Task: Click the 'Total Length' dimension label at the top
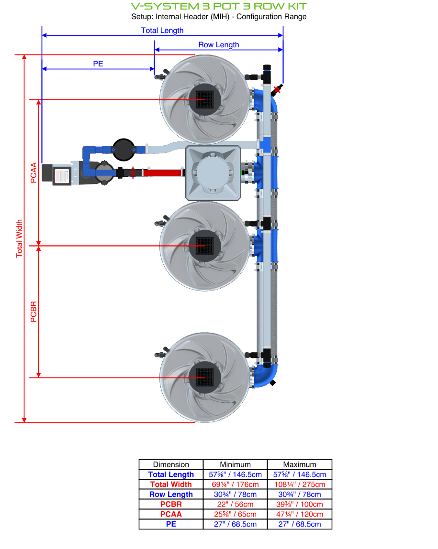pyautogui.click(x=162, y=30)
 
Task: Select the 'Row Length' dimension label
pyautogui.click(x=219, y=45)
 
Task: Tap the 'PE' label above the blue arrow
pyautogui.click(x=98, y=64)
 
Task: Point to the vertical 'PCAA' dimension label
pyautogui.click(x=33, y=172)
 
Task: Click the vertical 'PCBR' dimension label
pyautogui.click(x=34, y=312)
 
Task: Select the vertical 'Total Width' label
pyautogui.click(x=19, y=238)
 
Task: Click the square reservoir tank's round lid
pyautogui.click(x=213, y=172)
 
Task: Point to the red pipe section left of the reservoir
pyautogui.click(x=163, y=172)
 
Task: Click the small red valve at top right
pyautogui.click(x=277, y=89)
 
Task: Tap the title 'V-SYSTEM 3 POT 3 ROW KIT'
pyautogui.click(x=219, y=6)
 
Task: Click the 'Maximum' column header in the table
pyautogui.click(x=299, y=464)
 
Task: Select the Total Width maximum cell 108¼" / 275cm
pyautogui.click(x=299, y=484)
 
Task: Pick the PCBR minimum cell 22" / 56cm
pyautogui.click(x=235, y=504)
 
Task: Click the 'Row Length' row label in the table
pyautogui.click(x=171, y=495)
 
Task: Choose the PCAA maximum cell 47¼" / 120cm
pyautogui.click(x=299, y=514)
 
